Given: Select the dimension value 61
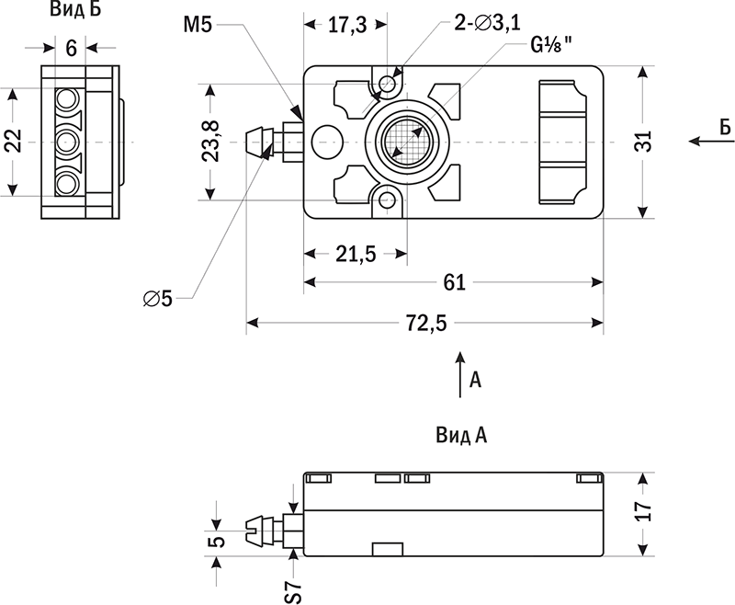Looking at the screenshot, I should point(454,282).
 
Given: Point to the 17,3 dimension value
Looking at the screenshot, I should point(347,26).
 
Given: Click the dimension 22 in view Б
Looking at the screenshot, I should point(13,142).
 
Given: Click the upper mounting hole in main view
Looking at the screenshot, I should point(387,85).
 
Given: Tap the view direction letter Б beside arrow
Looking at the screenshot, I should point(724,130).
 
